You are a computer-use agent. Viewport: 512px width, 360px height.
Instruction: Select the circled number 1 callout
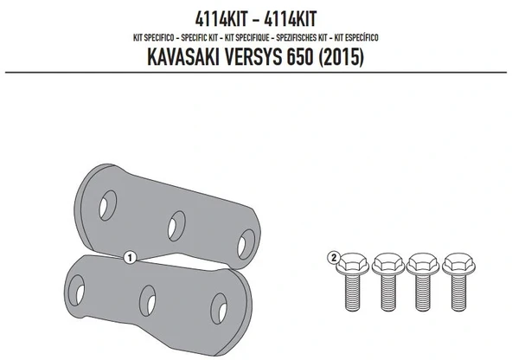pyautogui.click(x=130, y=257)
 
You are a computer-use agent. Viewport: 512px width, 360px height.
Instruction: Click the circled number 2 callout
pyautogui.click(x=332, y=257)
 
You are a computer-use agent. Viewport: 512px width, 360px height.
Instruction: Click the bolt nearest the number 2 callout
pyautogui.click(x=354, y=279)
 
